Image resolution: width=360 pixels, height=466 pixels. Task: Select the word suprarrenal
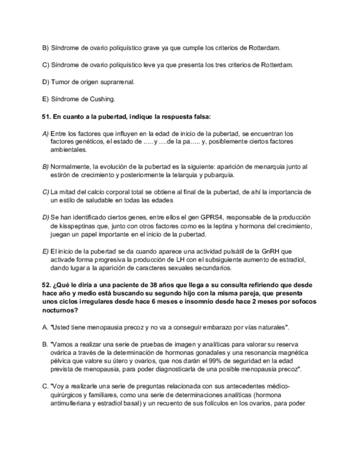[116, 82]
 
